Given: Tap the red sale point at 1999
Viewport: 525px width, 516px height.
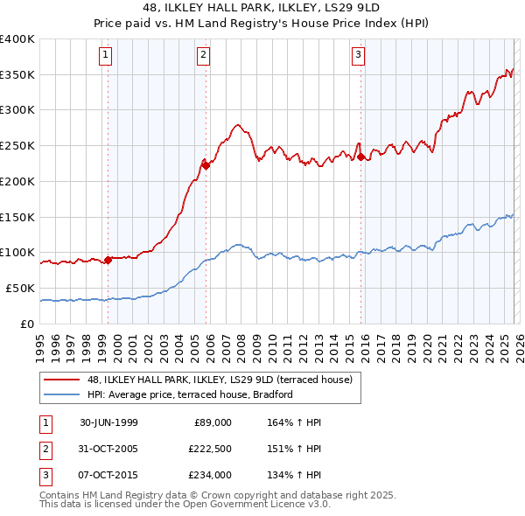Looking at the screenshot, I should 108,260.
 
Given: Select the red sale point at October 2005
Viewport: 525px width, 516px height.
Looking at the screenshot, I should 206,164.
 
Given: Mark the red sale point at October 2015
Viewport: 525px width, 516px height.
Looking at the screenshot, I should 360,157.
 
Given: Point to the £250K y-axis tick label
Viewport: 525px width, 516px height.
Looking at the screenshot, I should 17,146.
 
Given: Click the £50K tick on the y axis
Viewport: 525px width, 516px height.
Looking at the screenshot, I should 20,288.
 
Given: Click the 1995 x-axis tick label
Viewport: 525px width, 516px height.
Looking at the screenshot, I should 39,340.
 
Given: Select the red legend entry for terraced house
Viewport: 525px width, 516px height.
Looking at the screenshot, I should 220,380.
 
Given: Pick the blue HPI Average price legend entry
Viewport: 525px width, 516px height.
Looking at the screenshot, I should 189,394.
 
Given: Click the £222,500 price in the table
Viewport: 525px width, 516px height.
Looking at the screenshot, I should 208,449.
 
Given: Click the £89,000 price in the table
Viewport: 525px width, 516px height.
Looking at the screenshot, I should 213,422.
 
